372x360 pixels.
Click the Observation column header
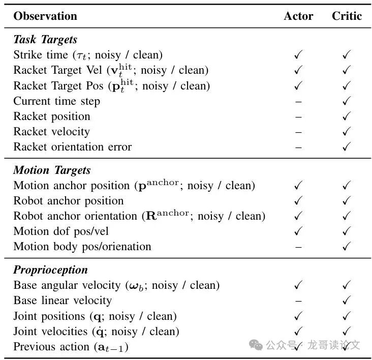[x=45, y=16]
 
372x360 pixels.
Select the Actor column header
[x=298, y=16]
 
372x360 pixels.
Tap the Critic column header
[x=347, y=16]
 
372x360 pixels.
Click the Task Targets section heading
[x=45, y=39]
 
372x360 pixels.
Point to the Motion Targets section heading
[x=52, y=170]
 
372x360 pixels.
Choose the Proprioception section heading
[x=50, y=270]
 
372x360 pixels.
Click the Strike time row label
[x=88, y=55]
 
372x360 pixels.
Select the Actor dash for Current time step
[x=298, y=102]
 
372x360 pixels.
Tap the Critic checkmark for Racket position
[x=347, y=116]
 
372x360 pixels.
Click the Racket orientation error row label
[x=72, y=147]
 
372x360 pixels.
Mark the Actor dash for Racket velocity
[x=298, y=132]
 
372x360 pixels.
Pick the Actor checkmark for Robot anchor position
[x=298, y=201]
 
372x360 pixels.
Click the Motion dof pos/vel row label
[x=61, y=231]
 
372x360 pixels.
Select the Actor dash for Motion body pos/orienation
[x=298, y=247]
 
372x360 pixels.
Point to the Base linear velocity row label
[x=63, y=301]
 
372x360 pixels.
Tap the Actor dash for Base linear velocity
[x=298, y=301]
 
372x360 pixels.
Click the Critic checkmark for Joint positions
[x=347, y=316]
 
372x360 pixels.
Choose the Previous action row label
[x=71, y=347]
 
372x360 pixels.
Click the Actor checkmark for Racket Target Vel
[x=298, y=70]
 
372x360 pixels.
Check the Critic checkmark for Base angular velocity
[x=347, y=285]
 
